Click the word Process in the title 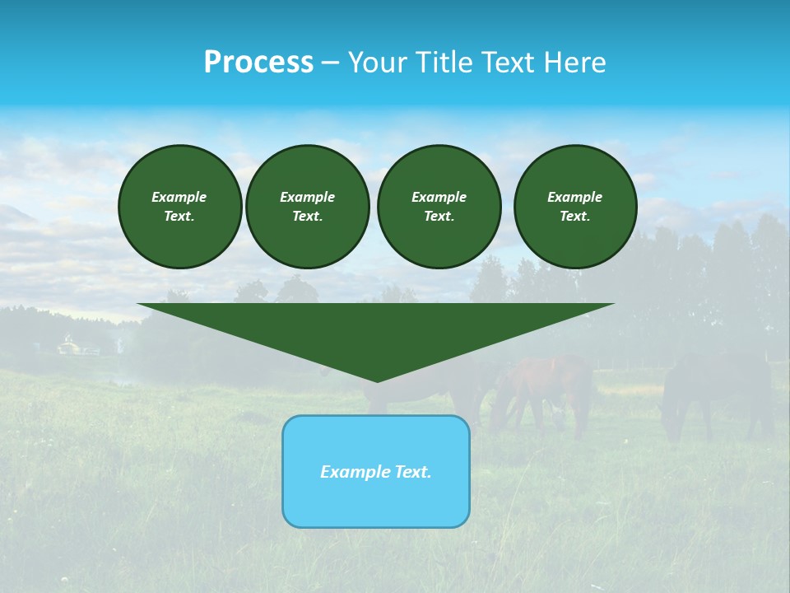pos(258,63)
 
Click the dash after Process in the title pos(330,63)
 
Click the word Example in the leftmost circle pos(179,197)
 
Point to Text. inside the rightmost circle pos(574,217)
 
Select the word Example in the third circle pos(439,197)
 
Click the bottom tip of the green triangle pos(377,380)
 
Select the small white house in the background pos(69,347)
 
